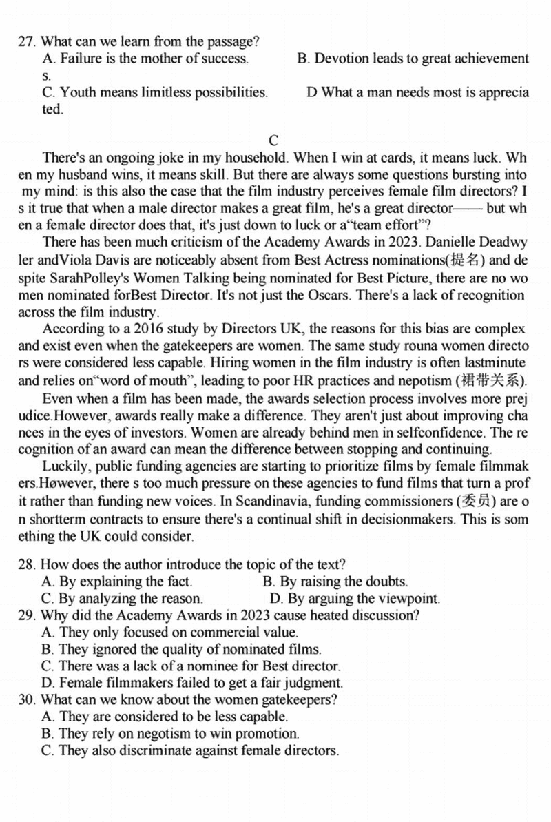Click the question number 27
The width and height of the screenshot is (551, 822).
[26, 41]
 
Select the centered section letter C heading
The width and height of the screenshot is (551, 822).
[273, 141]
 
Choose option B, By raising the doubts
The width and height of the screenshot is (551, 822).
[336, 582]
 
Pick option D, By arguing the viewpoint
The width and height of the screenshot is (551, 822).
[355, 599]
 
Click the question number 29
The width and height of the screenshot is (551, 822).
[26, 615]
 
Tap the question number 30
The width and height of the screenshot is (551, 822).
[26, 700]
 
